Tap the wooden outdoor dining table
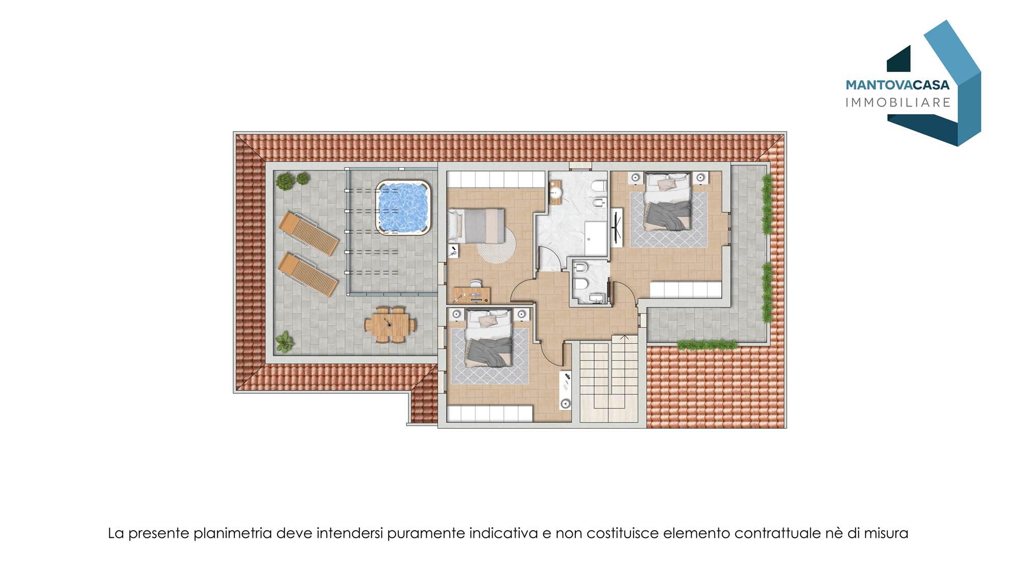[390, 325]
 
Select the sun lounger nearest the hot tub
[308, 233]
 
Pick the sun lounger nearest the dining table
[308, 274]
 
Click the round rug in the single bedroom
[496, 244]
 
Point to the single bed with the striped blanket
[476, 226]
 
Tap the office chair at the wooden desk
[476, 283]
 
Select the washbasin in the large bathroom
[555, 192]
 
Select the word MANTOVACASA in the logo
[897, 85]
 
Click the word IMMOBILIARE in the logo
[898, 103]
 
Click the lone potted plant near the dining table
[284, 341]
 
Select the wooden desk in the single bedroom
[472, 295]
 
